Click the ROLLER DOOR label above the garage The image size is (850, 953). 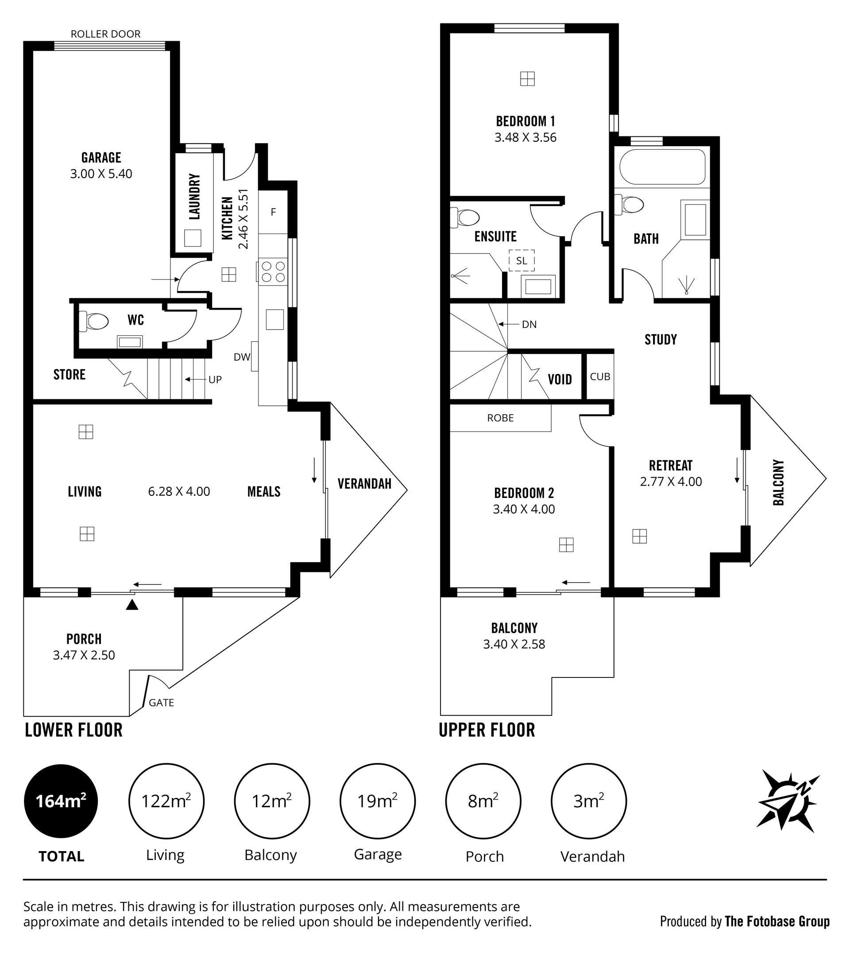click(105, 34)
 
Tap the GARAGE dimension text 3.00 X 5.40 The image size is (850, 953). click(101, 174)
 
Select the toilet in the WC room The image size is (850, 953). click(93, 321)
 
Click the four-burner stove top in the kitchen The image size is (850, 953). click(273, 272)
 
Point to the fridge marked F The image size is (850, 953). click(273, 212)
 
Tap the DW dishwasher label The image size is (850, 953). click(242, 357)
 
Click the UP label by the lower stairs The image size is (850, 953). click(215, 380)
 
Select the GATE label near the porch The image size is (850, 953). click(161, 703)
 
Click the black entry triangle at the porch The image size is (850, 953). click(132, 605)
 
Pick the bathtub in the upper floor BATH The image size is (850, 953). click(662, 167)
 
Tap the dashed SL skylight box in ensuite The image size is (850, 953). click(522, 261)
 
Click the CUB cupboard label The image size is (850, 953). click(600, 377)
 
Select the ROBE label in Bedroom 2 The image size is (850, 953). click(500, 418)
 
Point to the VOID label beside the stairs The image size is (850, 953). click(560, 379)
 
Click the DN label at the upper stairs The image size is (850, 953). click(529, 324)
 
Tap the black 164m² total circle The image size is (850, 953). click(61, 801)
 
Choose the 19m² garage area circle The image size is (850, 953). click(377, 801)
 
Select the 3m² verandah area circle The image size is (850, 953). click(588, 801)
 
